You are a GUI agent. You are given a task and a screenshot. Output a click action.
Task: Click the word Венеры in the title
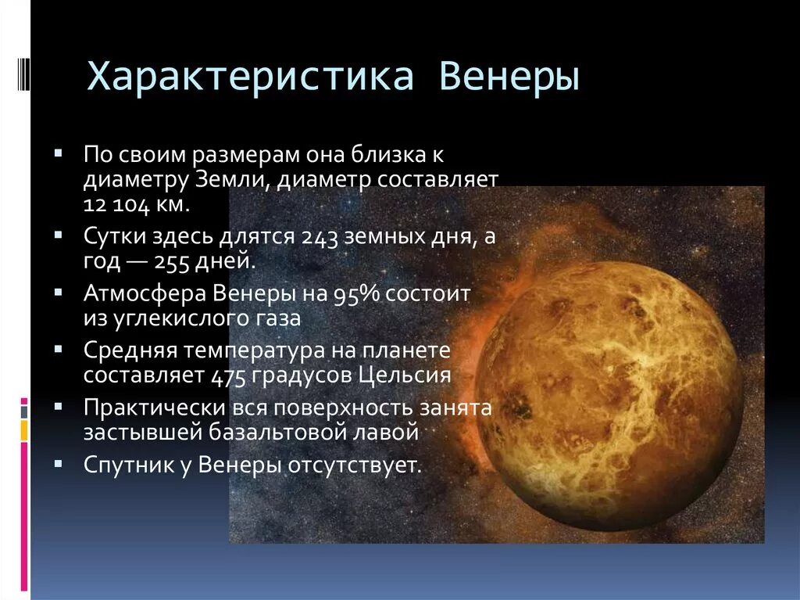pos(509,78)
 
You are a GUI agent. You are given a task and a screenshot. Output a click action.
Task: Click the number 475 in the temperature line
pos(228,375)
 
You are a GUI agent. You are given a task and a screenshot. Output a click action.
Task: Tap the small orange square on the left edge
pos(24,429)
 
